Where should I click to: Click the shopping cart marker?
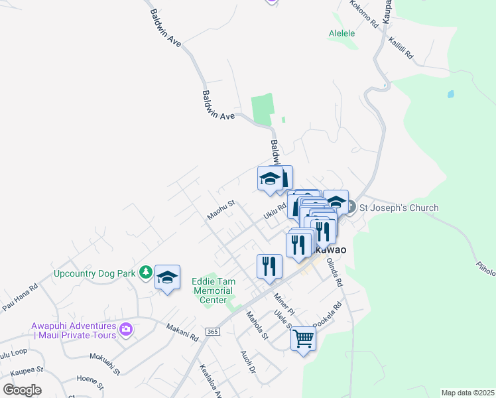click(x=303, y=338)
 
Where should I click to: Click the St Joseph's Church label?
click(x=399, y=208)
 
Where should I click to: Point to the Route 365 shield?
click(x=212, y=331)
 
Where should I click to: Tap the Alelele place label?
click(x=342, y=33)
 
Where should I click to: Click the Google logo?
click(x=22, y=390)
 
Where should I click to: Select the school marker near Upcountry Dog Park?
click(x=168, y=277)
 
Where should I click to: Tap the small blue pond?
click(x=451, y=94)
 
